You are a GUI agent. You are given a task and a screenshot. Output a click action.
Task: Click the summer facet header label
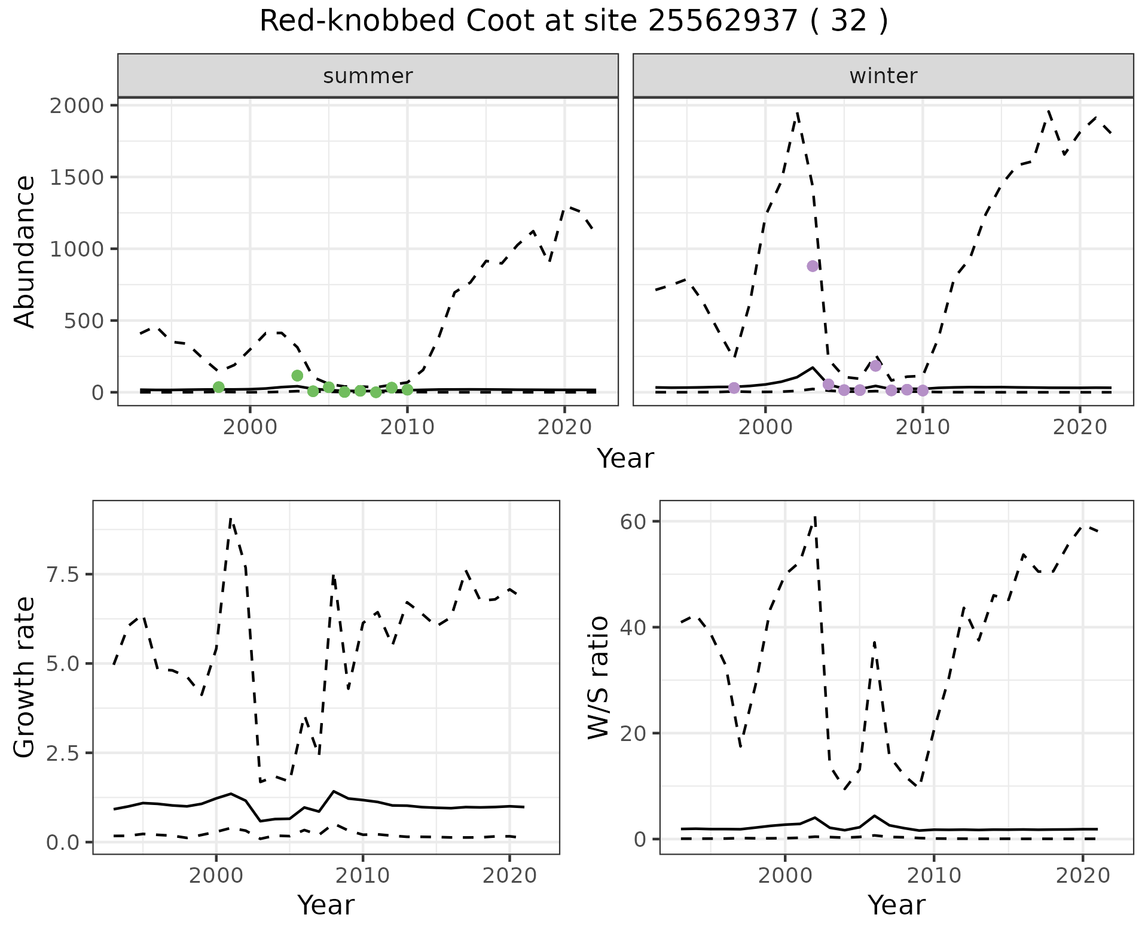click(368, 76)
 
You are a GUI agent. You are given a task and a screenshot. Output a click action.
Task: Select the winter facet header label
click(883, 76)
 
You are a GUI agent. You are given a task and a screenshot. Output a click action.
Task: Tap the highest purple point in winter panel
click(813, 266)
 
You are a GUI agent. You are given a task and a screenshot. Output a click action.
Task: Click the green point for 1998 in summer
click(219, 387)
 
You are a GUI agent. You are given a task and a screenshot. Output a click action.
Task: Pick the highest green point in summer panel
click(297, 376)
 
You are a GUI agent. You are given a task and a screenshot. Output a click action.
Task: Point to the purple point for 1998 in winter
click(734, 388)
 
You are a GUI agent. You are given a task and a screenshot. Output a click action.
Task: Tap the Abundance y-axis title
click(25, 251)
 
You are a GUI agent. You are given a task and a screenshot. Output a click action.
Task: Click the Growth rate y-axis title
click(25, 678)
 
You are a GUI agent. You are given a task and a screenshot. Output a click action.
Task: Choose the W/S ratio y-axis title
click(598, 678)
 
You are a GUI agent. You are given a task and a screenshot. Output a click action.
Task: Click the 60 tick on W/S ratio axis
click(634, 522)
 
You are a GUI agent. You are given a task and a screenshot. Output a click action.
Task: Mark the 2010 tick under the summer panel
click(408, 427)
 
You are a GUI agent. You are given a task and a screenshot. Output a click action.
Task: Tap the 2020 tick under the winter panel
click(1080, 427)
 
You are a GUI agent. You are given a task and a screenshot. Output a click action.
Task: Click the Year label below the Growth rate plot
click(326, 905)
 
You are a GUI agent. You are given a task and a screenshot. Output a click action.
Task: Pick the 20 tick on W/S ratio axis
click(634, 733)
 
